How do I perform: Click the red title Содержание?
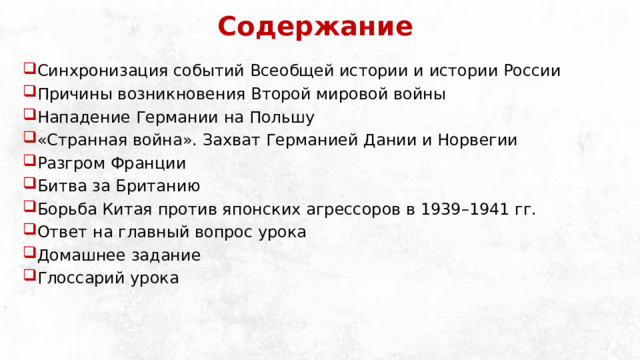314,26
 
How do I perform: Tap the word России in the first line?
529,71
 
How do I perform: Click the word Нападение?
81,117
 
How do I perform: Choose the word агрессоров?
342,209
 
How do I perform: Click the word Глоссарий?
79,278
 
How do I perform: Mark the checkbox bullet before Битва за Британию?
29,185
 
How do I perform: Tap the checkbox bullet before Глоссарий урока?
29,277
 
